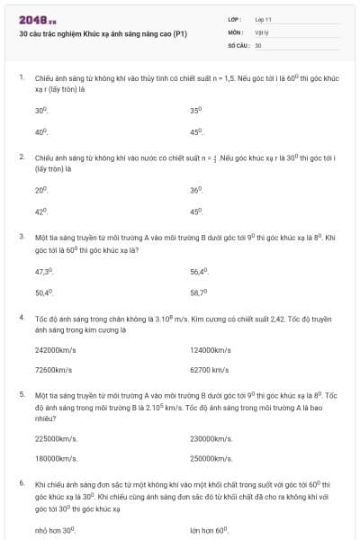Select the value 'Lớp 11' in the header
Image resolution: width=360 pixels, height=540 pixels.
click(x=264, y=19)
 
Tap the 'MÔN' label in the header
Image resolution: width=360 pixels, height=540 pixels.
click(x=235, y=31)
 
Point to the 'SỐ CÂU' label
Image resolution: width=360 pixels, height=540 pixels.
click(x=238, y=44)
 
